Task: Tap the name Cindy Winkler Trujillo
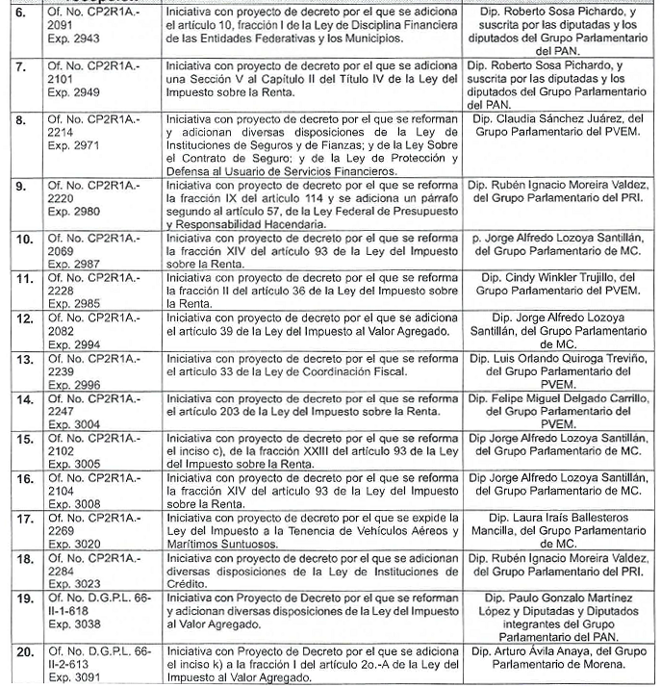tap(572, 278)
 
